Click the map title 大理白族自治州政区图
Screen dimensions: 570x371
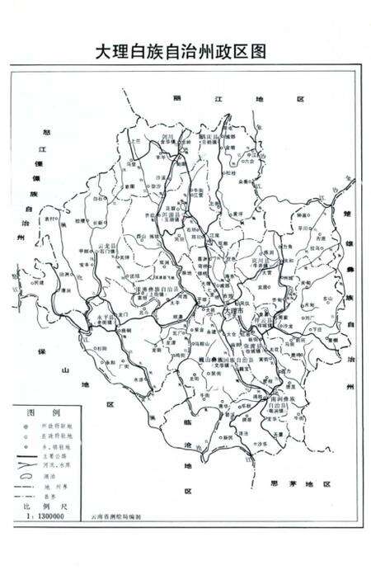(x=185, y=50)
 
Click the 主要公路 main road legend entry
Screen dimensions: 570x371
(x=63, y=453)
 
